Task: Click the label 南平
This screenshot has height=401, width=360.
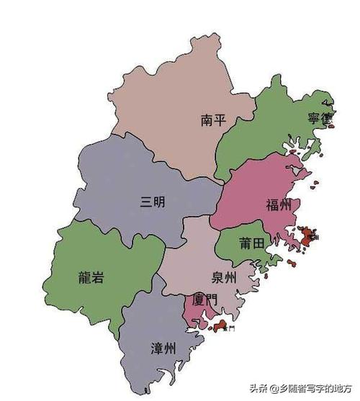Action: click(x=214, y=120)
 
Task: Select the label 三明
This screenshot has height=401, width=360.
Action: click(x=153, y=202)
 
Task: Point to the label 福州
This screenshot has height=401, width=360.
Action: click(x=279, y=205)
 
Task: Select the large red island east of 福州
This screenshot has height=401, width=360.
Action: click(x=308, y=235)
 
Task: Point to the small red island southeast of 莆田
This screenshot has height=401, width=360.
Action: click(x=292, y=263)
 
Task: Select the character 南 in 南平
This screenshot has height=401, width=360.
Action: click(x=207, y=120)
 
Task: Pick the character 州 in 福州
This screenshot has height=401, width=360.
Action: click(x=286, y=205)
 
